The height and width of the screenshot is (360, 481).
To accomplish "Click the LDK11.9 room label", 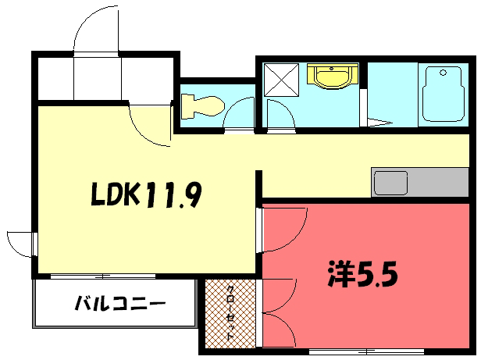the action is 146,194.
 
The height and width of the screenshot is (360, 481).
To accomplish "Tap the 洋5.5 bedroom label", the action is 363,274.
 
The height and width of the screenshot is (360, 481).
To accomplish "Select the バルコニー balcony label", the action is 120,303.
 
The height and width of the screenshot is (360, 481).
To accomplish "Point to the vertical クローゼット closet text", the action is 230,312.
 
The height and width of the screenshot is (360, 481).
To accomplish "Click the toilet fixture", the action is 202,106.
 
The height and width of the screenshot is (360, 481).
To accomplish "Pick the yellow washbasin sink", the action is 333,77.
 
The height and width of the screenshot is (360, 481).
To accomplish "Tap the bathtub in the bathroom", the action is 444,94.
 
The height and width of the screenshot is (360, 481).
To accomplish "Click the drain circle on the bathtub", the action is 443,73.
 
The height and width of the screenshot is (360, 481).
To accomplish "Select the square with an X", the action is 281,80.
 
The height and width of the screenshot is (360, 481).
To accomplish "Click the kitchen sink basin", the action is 390,183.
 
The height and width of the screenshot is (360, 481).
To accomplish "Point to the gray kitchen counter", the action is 420,182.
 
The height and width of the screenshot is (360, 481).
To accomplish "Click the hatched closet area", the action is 230,314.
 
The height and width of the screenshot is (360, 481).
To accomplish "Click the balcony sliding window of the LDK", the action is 103,276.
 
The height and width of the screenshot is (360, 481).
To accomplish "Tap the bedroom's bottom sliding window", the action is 366,351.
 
